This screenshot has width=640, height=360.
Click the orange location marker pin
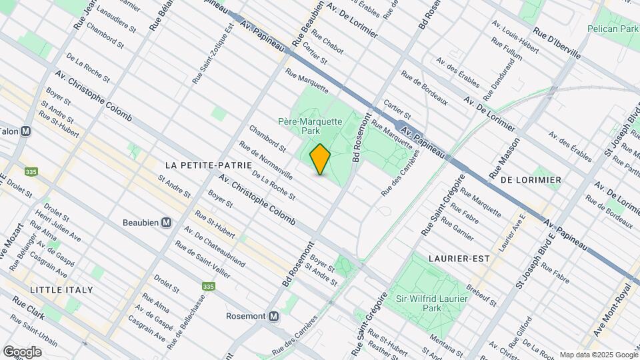click(x=320, y=159)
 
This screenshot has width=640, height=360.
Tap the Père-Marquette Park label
click(x=310, y=127)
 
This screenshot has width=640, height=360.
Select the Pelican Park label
click(x=611, y=29)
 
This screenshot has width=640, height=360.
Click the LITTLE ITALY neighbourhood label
click(x=61, y=290)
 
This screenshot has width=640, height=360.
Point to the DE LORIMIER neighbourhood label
click(x=531, y=180)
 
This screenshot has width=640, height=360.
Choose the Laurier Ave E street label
click(x=519, y=231)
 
